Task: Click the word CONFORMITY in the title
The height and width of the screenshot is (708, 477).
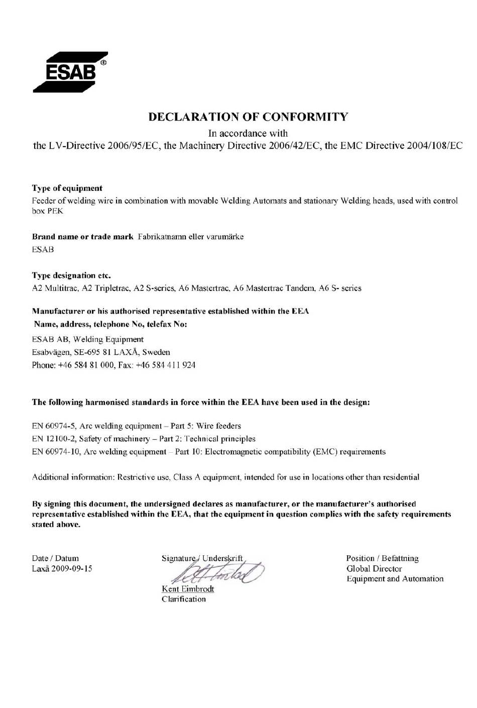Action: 305,117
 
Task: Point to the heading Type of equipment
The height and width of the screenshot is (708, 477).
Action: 67,188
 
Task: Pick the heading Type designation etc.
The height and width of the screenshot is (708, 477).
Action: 71,275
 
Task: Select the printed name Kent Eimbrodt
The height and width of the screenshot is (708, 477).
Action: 188,589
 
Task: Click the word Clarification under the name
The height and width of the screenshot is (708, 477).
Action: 183,599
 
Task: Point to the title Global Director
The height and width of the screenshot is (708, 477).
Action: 374,569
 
